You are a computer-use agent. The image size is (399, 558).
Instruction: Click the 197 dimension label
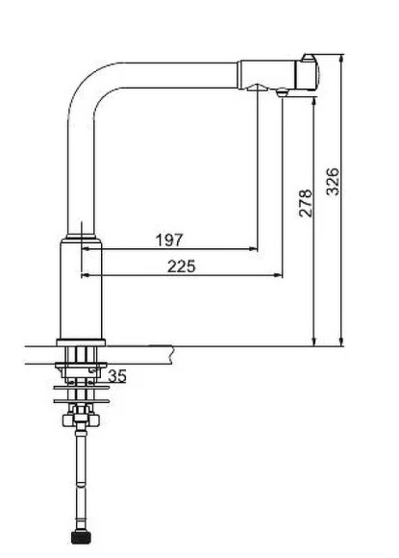click(169, 240)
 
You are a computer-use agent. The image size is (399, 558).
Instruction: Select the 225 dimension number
click(182, 266)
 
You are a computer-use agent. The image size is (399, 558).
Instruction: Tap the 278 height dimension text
click(306, 203)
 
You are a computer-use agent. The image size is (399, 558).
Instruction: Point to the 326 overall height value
click(333, 182)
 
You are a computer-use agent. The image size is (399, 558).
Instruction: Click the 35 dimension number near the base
click(117, 376)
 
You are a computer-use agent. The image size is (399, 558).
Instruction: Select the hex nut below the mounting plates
click(81, 419)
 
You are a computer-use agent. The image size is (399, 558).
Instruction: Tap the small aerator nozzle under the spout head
click(282, 92)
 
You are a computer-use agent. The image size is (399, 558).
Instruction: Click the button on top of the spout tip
click(309, 58)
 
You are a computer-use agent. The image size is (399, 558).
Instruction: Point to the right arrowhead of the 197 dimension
click(254, 249)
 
